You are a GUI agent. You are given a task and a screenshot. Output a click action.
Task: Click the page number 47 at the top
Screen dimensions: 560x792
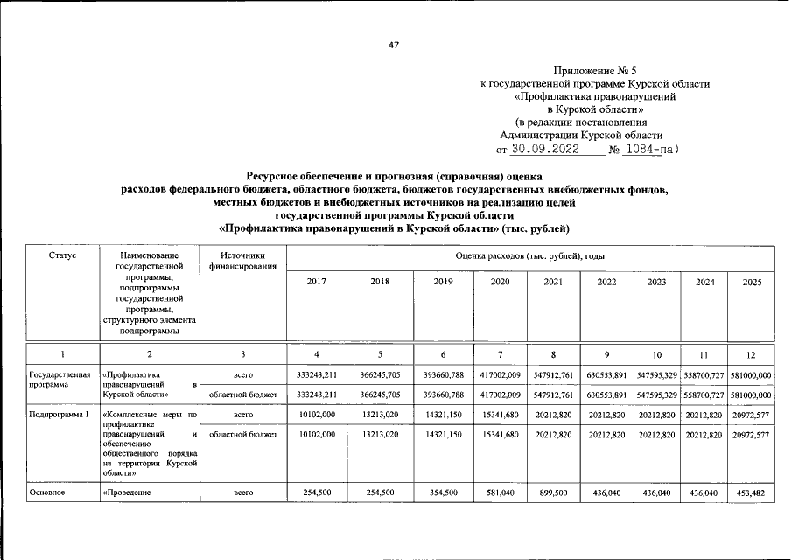394,45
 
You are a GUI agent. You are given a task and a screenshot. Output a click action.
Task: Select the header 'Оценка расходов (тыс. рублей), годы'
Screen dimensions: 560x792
530,255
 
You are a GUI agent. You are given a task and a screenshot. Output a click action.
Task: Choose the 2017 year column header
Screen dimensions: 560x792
317,282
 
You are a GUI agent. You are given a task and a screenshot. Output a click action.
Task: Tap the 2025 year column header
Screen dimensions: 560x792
751,282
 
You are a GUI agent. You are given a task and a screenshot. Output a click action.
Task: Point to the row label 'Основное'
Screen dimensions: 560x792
49,493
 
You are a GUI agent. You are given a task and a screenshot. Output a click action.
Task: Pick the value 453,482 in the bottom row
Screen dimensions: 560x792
751,493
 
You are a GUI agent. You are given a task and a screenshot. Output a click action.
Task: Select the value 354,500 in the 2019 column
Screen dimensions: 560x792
444,493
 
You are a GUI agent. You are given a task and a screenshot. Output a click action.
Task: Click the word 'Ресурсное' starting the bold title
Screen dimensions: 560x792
274,176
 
